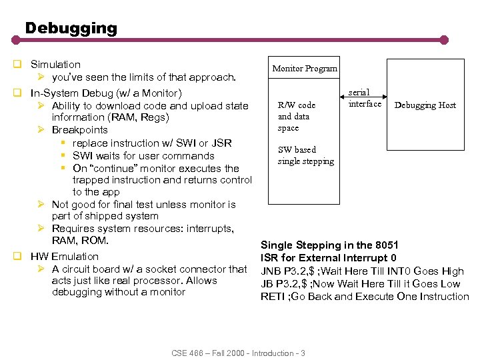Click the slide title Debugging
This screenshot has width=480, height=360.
coord(71,28)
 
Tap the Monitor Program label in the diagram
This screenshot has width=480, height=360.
coord(305,69)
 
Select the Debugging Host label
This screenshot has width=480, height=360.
coord(425,105)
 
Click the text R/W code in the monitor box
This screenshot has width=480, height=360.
coord(297,105)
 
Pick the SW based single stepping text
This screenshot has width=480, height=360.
coord(305,155)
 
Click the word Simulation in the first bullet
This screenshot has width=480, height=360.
coord(55,65)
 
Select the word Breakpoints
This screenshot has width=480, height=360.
coord(79,130)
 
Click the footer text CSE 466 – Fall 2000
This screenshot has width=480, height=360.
coord(212,353)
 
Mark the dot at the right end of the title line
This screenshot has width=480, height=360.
coord(462,39)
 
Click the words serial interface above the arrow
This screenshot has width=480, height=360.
coord(365,98)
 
